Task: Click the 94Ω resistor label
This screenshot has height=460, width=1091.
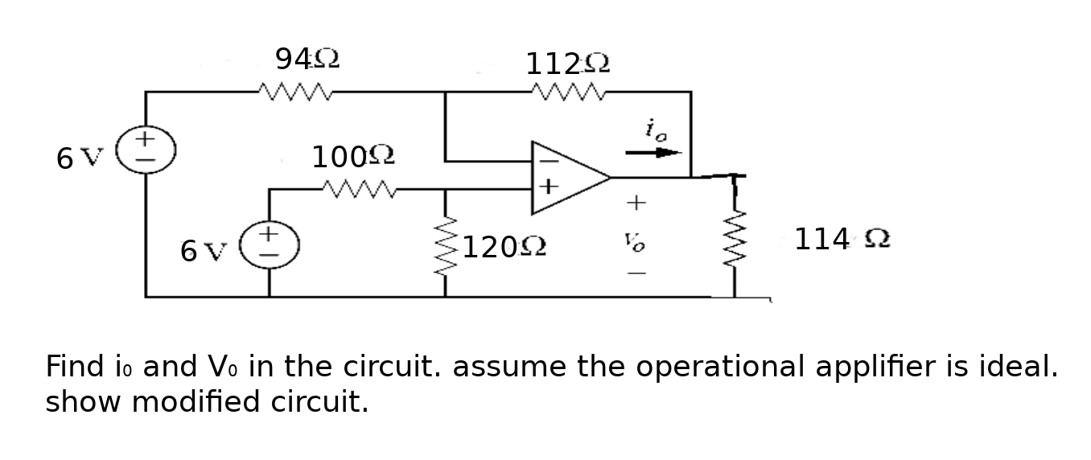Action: point(307,59)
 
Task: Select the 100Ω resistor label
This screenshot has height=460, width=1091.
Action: point(352,156)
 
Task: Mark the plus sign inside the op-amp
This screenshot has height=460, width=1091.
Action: point(547,187)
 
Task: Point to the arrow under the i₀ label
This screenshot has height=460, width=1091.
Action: point(653,152)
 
